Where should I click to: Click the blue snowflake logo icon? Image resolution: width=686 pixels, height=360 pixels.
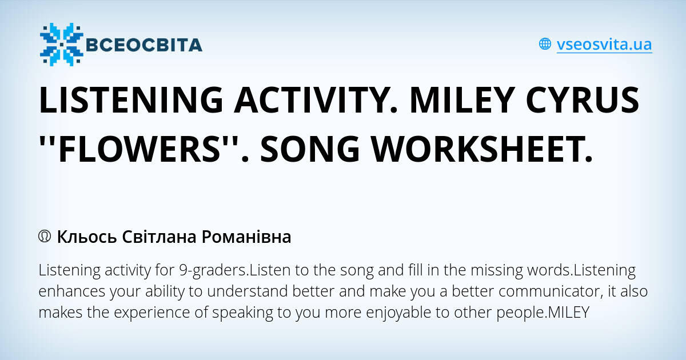(61, 45)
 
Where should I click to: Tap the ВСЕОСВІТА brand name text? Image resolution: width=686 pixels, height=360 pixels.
(143, 45)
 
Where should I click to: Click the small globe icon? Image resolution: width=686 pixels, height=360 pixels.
(545, 44)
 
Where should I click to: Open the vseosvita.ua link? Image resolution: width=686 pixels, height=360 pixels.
(604, 44)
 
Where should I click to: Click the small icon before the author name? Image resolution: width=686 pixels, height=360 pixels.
(45, 236)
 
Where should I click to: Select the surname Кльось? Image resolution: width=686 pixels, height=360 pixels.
(87, 237)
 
